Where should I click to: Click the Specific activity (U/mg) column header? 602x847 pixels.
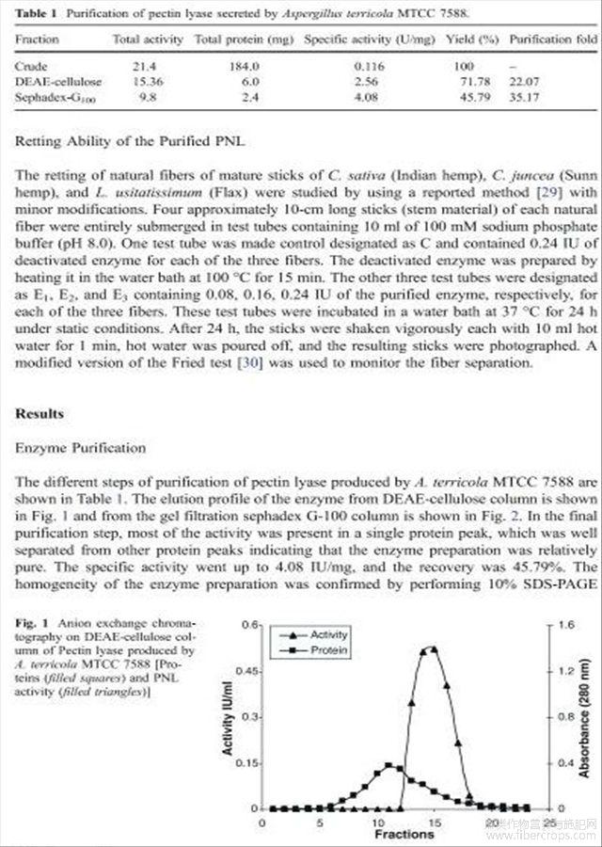(356, 40)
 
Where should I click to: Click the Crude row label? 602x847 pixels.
(33, 68)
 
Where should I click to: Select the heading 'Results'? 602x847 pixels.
(40, 414)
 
